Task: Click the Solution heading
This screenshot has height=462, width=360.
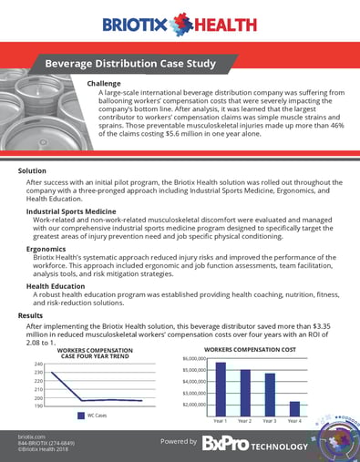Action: (34, 170)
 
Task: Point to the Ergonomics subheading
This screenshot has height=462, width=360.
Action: (46, 247)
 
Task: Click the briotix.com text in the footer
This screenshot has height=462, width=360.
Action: (33, 437)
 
